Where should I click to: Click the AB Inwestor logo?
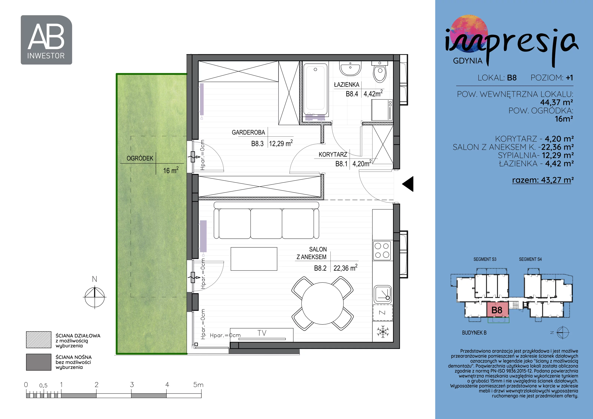click(x=46, y=40)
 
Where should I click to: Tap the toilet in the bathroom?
click(x=380, y=72)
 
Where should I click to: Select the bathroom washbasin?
click(x=350, y=68)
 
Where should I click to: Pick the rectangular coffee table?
click(x=254, y=259)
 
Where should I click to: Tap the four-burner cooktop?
click(x=382, y=251)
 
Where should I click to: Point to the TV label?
click(x=262, y=333)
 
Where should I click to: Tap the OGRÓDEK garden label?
click(x=140, y=158)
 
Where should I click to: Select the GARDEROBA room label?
click(x=248, y=132)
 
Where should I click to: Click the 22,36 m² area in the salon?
click(x=345, y=268)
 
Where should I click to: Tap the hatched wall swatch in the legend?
click(x=39, y=340)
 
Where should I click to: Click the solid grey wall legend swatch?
click(x=39, y=362)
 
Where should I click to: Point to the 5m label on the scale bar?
click(x=198, y=385)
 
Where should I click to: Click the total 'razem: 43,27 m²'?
click(x=543, y=180)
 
